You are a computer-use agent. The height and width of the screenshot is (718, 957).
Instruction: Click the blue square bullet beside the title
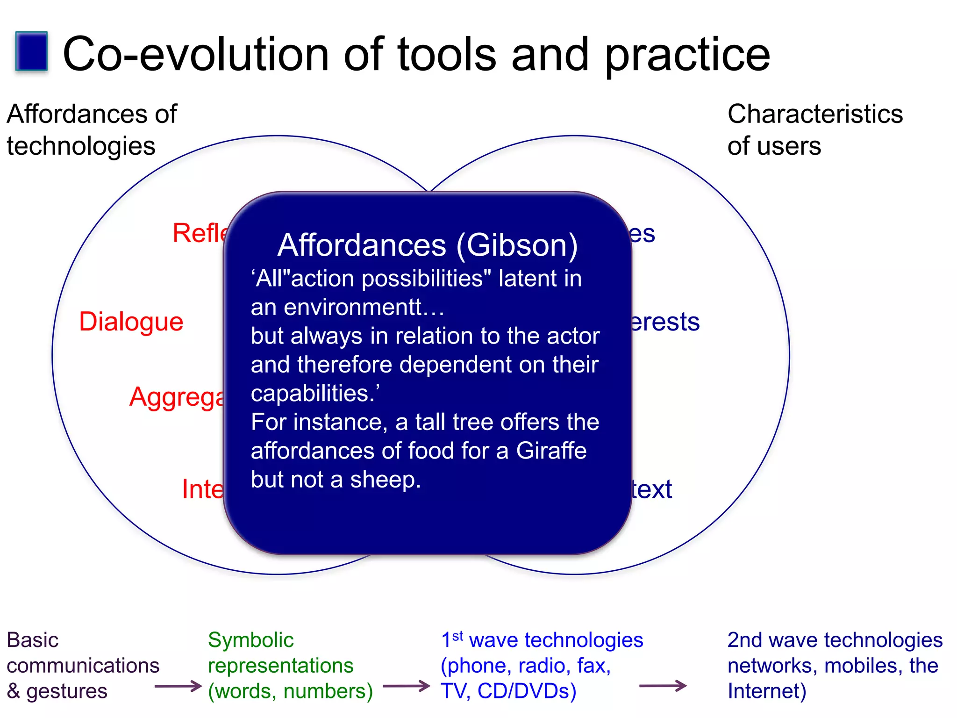click(31, 51)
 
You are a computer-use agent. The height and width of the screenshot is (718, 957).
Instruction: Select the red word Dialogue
click(131, 322)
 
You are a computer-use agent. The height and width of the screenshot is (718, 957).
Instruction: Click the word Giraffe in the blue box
click(551, 451)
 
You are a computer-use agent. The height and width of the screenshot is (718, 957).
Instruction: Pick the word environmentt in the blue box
click(353, 308)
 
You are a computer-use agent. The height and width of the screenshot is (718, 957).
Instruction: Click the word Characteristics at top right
click(815, 114)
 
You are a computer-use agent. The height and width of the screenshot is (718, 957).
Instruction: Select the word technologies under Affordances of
click(81, 146)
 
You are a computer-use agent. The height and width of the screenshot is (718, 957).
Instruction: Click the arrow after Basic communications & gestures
click(178, 686)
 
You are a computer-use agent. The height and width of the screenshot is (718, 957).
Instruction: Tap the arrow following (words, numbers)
click(406, 686)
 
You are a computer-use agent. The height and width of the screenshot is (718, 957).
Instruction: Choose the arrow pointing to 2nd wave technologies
click(663, 686)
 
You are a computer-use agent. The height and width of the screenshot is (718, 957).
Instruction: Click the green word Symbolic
click(250, 640)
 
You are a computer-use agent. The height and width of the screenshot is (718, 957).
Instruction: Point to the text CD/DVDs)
click(527, 691)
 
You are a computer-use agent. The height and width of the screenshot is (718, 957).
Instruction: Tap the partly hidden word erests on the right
click(664, 322)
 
